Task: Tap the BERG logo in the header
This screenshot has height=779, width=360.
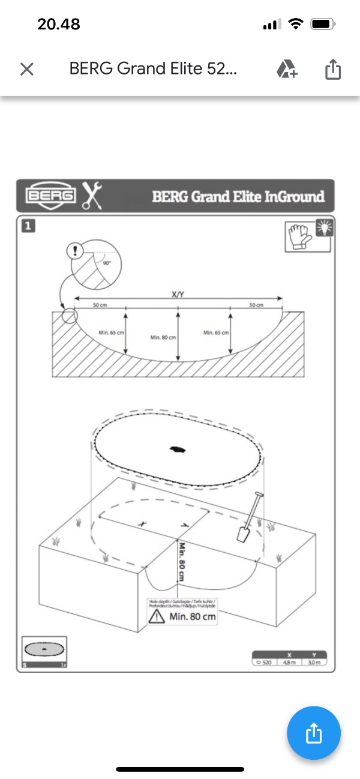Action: point(51,196)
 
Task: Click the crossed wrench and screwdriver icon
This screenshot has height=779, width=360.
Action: point(92,195)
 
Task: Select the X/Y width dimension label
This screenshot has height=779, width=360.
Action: point(178,295)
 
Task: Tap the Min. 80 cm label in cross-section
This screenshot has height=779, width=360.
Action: point(163,338)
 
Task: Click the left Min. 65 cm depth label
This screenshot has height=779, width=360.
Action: point(111,332)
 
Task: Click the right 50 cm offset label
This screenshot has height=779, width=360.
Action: point(256,305)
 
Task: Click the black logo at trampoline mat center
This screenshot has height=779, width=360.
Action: point(177,448)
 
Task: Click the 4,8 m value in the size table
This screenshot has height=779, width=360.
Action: point(290,662)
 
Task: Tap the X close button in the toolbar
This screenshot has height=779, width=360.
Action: point(26,69)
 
